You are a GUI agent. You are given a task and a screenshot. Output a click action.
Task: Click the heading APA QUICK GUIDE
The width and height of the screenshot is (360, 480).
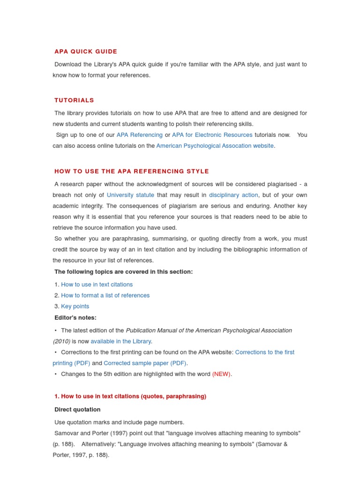[x=86, y=52]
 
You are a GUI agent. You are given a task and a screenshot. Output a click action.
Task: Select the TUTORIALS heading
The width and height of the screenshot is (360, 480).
[x=74, y=100]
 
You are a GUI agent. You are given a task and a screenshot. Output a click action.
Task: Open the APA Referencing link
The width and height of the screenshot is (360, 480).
[x=140, y=135]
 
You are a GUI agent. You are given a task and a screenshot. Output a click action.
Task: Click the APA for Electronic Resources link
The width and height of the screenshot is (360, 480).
[x=212, y=135]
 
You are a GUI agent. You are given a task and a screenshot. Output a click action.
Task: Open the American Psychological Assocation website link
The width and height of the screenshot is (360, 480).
[x=215, y=146]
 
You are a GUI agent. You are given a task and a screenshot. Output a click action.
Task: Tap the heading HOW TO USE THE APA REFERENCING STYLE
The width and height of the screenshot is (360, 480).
[x=132, y=172]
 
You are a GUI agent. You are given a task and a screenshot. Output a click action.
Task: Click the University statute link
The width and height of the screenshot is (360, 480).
[x=130, y=195]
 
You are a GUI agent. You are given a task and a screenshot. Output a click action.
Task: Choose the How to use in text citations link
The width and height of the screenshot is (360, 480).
[x=97, y=285]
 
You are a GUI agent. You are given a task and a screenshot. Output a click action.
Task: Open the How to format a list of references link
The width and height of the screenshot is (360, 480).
[x=105, y=295]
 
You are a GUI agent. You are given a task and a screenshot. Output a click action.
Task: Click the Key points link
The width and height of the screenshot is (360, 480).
[x=75, y=307]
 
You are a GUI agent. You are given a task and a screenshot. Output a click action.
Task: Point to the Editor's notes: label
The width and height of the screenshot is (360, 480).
[x=75, y=318]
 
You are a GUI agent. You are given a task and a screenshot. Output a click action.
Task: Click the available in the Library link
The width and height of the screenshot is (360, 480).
[x=121, y=341]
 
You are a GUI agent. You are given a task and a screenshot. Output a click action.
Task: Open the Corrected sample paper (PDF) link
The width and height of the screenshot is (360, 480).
[x=145, y=363]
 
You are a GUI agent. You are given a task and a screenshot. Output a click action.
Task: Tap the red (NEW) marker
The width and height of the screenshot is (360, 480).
[x=222, y=374]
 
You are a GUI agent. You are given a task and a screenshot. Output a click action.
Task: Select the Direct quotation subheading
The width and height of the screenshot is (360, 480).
[x=77, y=410]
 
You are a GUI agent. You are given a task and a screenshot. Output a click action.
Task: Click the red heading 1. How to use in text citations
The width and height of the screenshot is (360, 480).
[x=130, y=397]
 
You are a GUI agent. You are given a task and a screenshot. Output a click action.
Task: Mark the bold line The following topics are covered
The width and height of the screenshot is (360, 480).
[x=123, y=272]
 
